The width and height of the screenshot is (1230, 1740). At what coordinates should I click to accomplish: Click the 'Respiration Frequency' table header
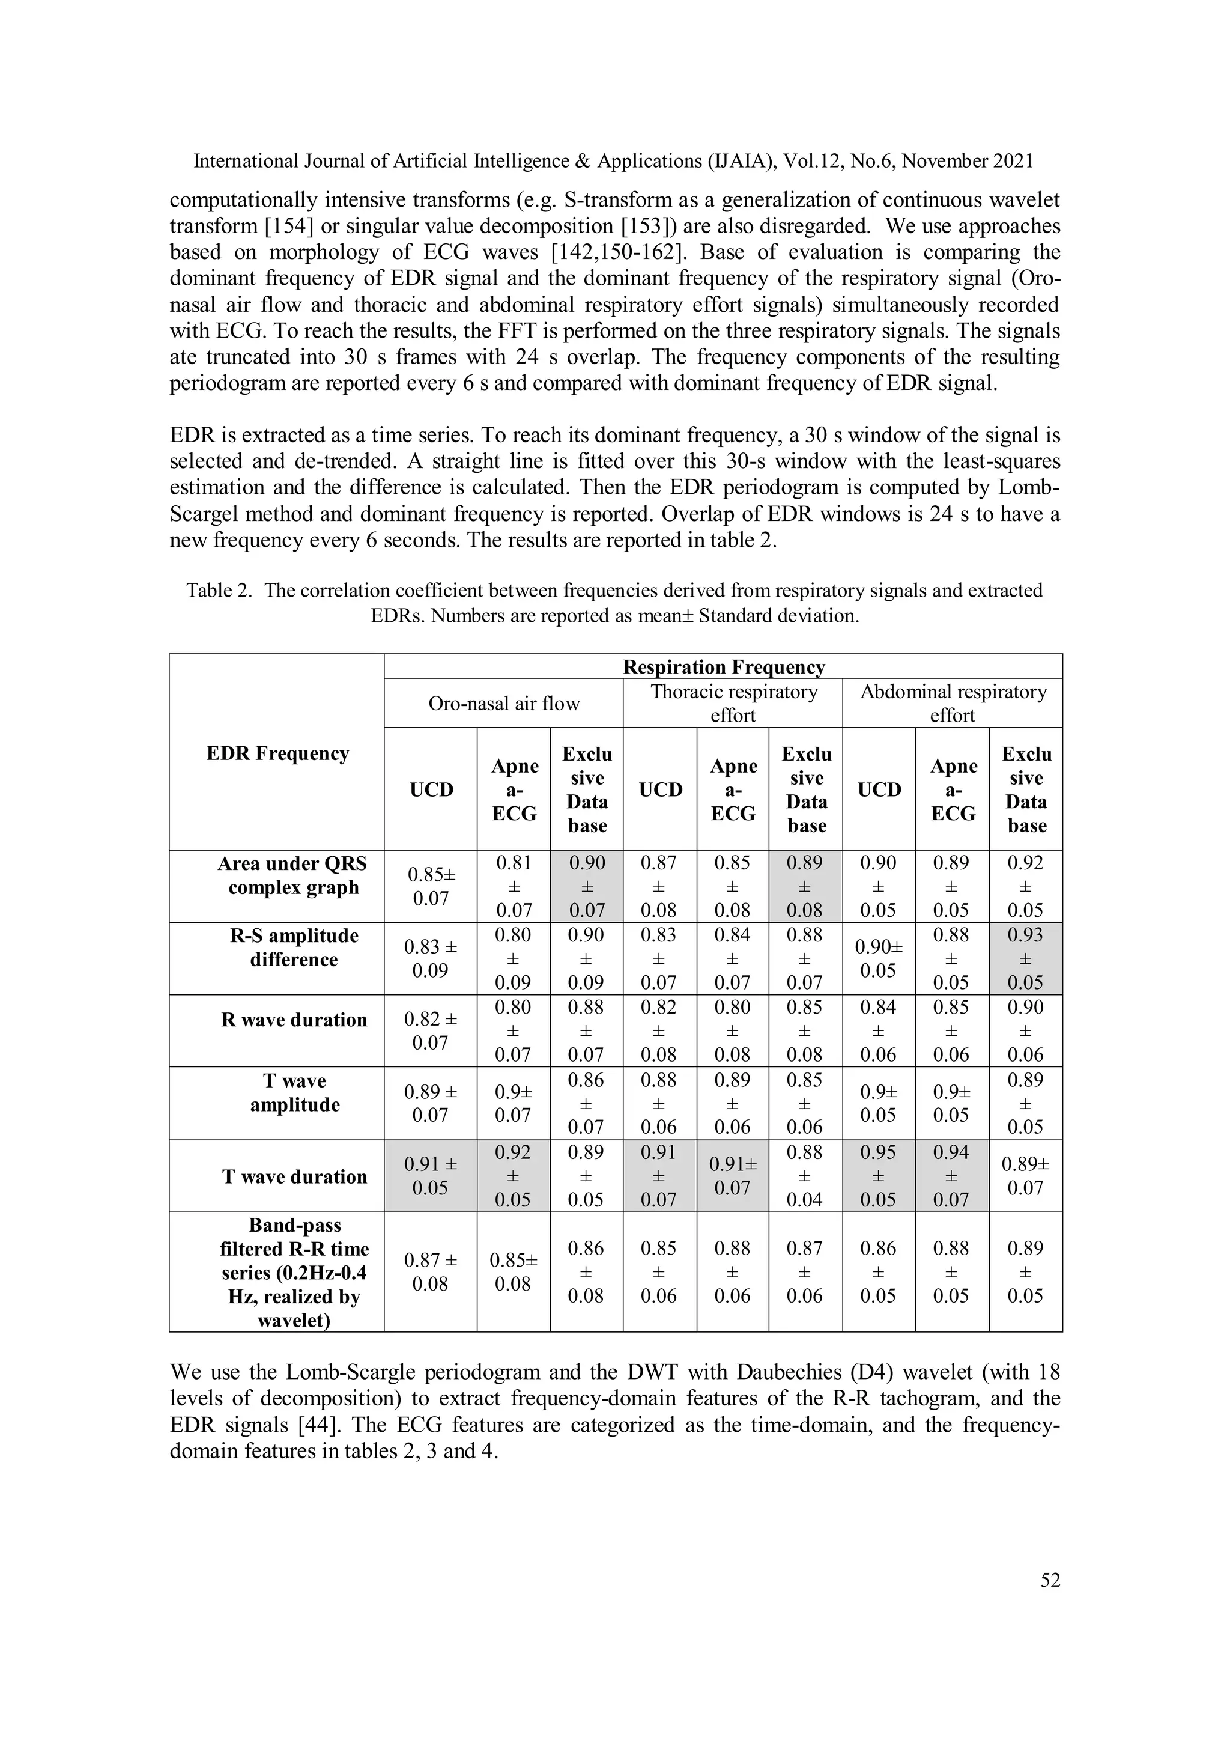pos(723,667)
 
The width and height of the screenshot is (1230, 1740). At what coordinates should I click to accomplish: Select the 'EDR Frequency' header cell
pos(277,753)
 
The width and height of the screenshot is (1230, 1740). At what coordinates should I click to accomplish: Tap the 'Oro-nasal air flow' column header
pos(504,704)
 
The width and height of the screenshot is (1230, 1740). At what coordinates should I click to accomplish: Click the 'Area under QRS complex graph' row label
pos(292,876)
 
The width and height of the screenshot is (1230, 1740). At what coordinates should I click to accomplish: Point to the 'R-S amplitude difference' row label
pos(294,948)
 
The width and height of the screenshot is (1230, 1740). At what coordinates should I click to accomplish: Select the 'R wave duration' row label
pos(294,1020)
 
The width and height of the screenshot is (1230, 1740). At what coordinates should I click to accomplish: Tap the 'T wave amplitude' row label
pos(295,1093)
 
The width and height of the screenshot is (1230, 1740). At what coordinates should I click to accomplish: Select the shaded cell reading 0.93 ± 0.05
pos(1026,959)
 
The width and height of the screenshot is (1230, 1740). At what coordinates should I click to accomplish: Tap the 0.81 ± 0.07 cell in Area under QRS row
pos(514,887)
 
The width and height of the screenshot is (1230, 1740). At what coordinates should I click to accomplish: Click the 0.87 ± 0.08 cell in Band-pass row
pos(430,1272)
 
